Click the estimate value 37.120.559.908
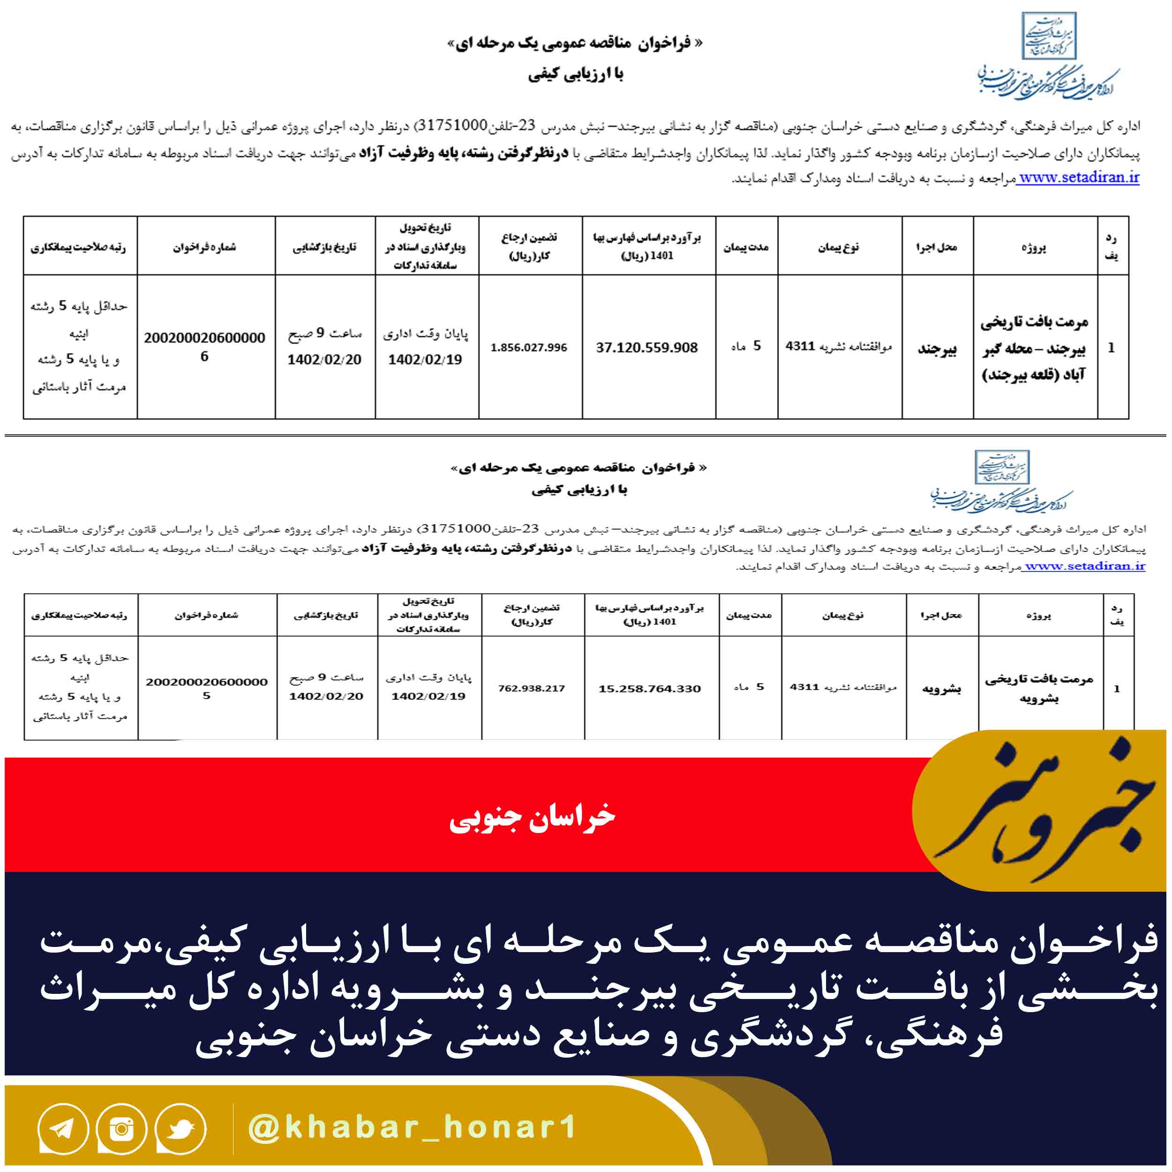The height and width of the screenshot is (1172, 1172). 646,347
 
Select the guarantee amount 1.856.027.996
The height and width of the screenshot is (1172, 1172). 529,347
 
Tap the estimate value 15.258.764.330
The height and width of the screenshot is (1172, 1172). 650,689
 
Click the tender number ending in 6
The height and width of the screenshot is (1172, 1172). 204,346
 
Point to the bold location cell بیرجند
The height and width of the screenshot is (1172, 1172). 937,349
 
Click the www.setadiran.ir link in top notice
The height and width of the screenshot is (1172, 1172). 1078,178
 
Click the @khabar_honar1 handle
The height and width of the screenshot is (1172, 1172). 413,1127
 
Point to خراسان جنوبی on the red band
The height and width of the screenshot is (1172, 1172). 532,817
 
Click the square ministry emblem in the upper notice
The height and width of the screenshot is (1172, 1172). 1049,35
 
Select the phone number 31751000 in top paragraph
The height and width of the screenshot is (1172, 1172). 454,126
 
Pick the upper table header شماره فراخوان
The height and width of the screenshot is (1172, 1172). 204,247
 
